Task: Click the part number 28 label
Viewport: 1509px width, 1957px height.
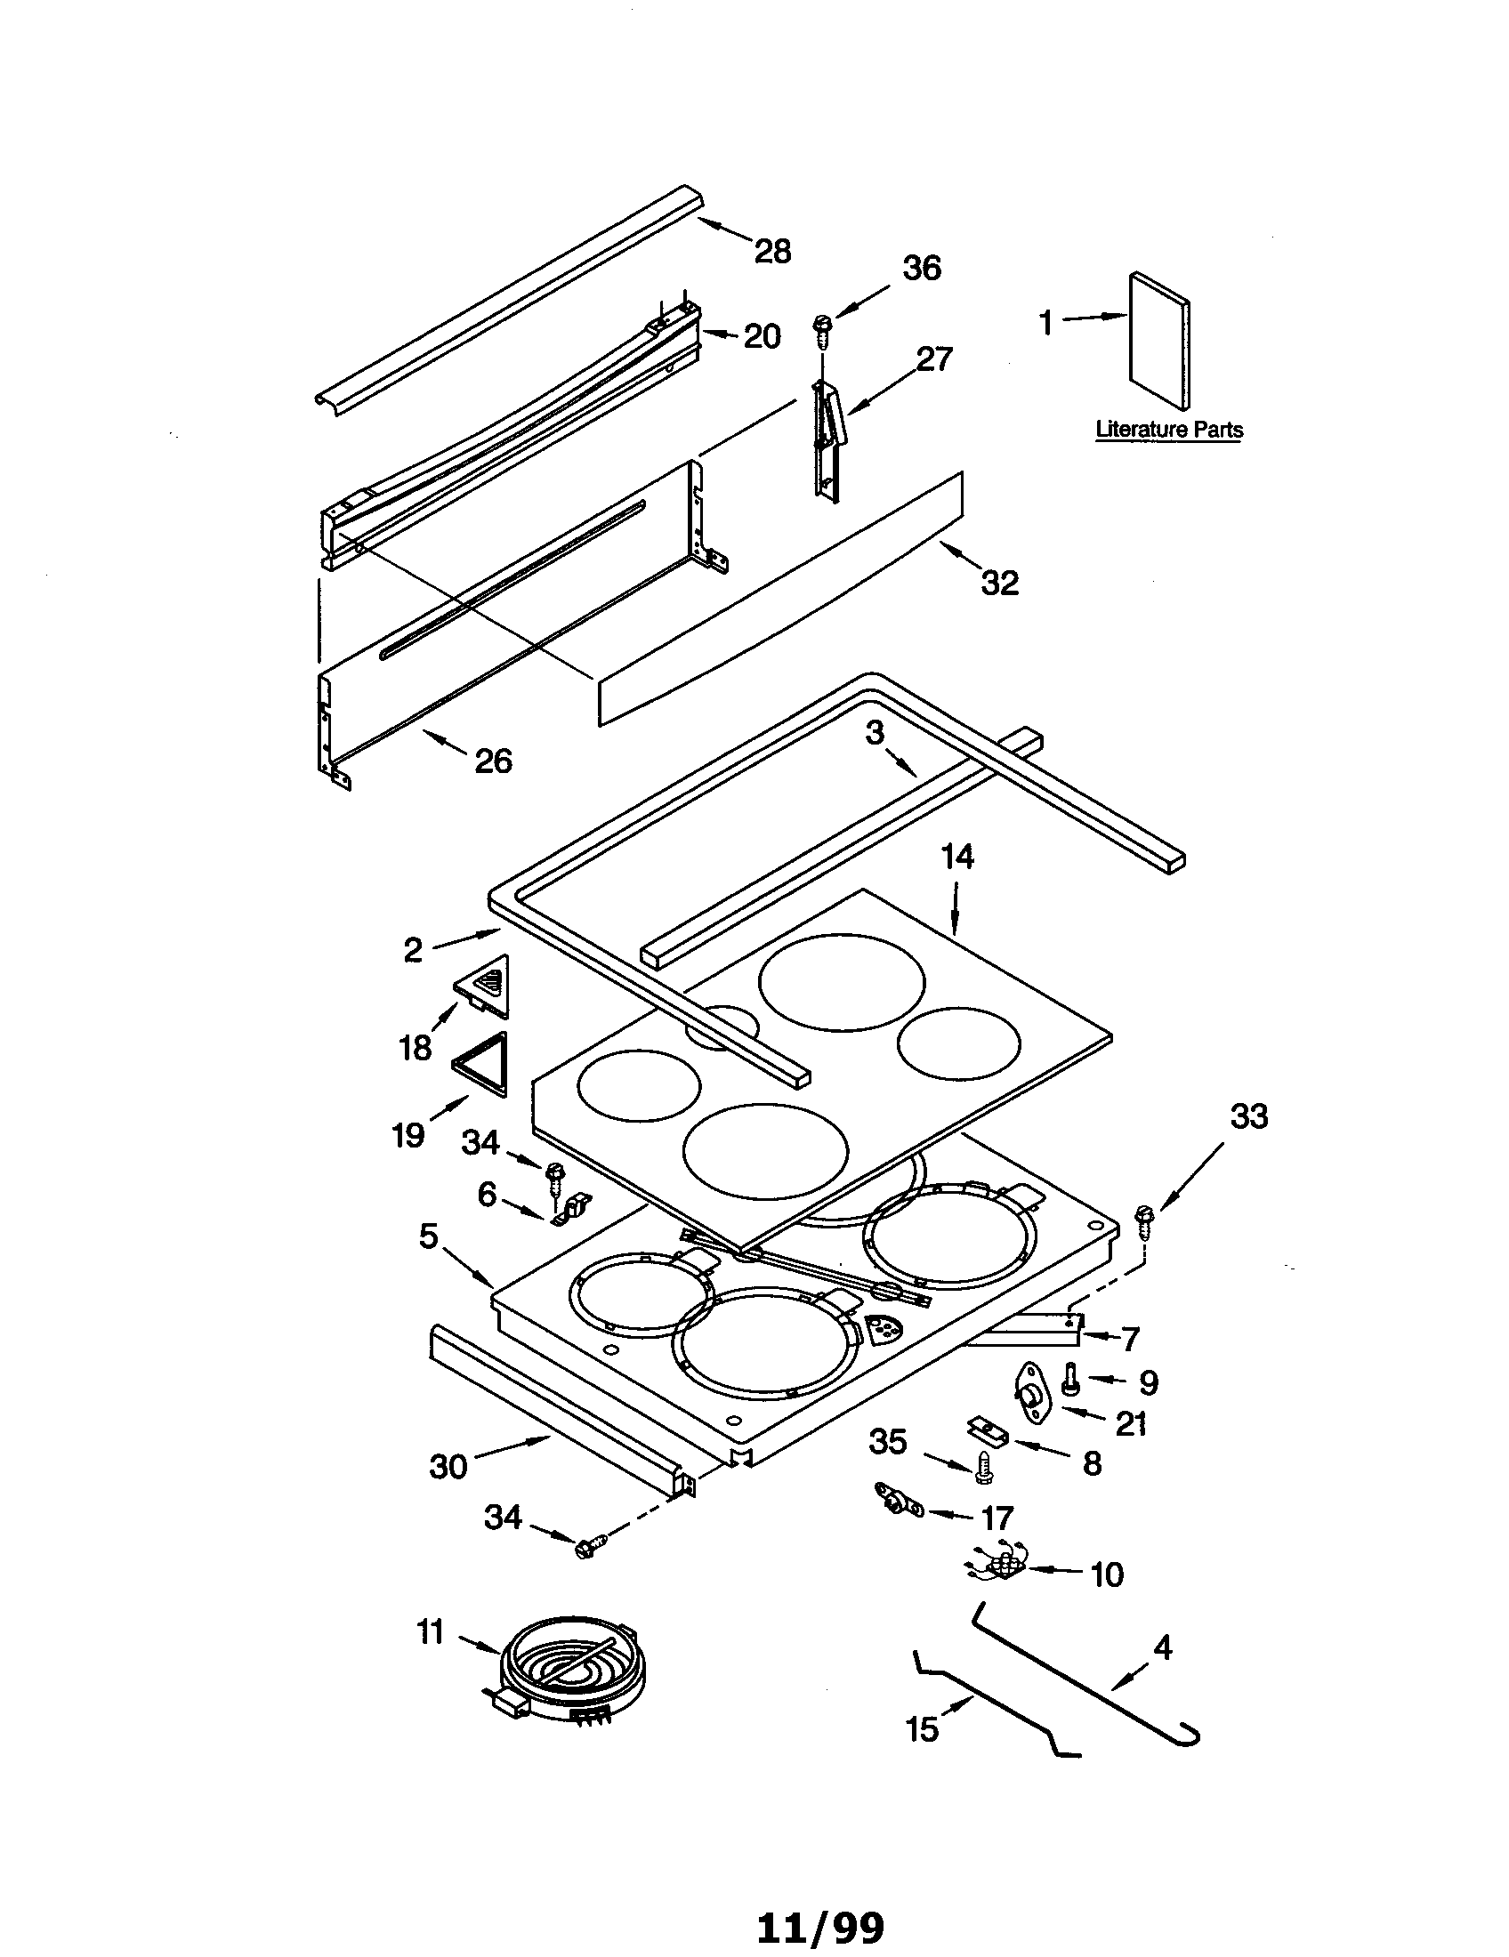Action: click(x=772, y=252)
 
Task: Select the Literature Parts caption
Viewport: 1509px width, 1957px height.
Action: click(x=1168, y=430)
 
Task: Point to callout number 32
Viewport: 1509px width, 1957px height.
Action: click(x=999, y=583)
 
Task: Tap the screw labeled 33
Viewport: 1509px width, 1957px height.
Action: click(x=1144, y=1216)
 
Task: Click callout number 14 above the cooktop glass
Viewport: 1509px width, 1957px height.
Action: click(x=956, y=858)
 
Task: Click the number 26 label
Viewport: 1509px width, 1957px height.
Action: click(x=493, y=761)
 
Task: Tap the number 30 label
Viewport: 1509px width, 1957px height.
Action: click(x=448, y=1466)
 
